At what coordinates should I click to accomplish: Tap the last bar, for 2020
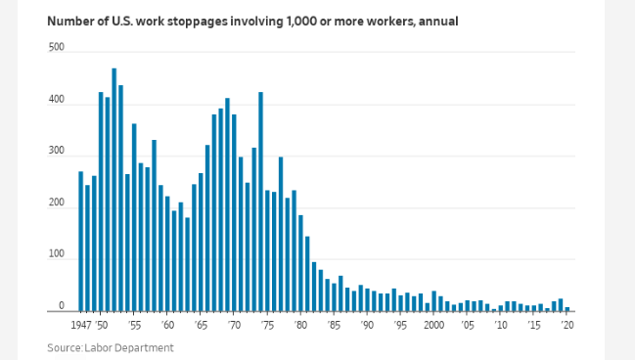[x=567, y=308]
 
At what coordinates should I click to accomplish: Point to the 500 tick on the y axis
[x=57, y=47]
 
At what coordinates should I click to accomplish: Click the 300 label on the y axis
[x=57, y=152]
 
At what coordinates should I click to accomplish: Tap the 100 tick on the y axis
[x=57, y=254]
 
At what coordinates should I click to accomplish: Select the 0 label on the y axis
[x=61, y=306]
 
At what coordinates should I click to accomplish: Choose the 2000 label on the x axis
[x=433, y=325]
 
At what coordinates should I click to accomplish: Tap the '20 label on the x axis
[x=567, y=325]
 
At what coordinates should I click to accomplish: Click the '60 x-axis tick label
[x=168, y=325]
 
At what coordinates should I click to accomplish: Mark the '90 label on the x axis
[x=368, y=325]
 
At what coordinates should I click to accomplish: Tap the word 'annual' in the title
[x=433, y=21]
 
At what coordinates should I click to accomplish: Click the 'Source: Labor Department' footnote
[x=111, y=347]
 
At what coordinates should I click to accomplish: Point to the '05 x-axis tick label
[x=468, y=325]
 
